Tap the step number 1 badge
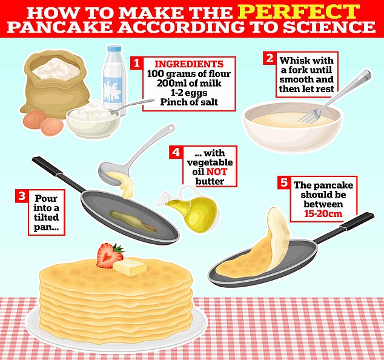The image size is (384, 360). click(137, 63)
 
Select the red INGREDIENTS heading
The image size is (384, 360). click(189, 64)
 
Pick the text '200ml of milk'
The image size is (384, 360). click(189, 83)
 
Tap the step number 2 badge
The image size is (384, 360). click(270, 58)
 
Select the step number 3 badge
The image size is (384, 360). click(22, 196)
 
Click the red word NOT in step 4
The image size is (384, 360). click(217, 172)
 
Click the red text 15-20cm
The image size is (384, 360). click(323, 214)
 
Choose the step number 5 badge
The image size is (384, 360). click(284, 183)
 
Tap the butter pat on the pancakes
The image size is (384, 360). click(130, 267)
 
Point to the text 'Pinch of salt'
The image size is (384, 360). click(189, 102)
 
